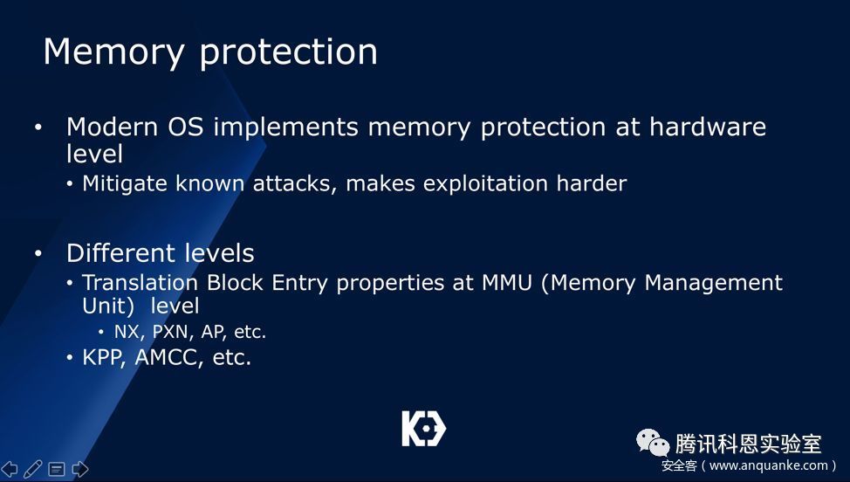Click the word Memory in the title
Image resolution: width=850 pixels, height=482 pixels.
pos(113,53)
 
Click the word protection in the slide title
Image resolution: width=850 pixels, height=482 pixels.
pos(288,53)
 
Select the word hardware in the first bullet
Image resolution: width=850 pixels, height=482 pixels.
pos(708,127)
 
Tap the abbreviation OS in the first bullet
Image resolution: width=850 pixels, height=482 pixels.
pos(185,127)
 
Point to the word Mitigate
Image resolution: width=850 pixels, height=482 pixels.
pos(125,183)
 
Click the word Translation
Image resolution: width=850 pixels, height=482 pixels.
pos(140,283)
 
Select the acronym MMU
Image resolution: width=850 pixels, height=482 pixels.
pos(506,283)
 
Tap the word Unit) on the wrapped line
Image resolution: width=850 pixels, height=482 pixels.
pos(108,306)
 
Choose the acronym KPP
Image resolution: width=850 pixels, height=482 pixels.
pos(104,358)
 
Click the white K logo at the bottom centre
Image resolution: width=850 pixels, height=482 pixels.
pos(424,429)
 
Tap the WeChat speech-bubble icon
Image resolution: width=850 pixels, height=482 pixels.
pos(653,443)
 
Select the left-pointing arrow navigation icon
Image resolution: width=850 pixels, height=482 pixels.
pos(10,469)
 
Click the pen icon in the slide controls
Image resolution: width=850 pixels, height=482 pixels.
pos(32,469)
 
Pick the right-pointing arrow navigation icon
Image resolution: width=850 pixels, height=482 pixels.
pos(79,469)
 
